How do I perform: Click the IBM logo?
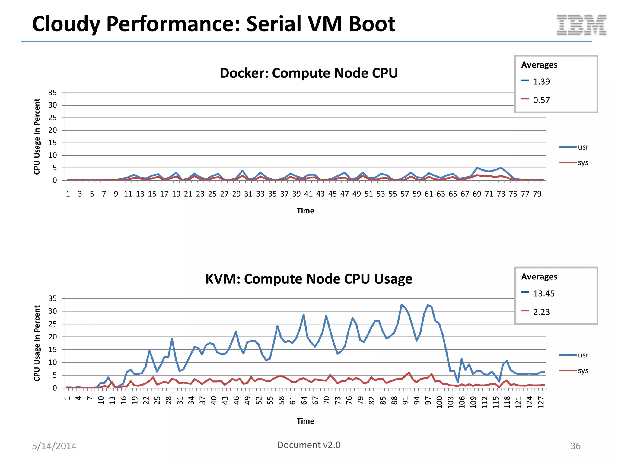581,25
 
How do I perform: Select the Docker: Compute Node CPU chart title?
308,73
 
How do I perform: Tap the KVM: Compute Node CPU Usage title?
308,279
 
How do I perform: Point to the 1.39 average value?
541,82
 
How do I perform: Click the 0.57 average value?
541,100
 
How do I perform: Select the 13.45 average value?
543,294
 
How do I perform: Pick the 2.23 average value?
541,312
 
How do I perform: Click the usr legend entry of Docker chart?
583,147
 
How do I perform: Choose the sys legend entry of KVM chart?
583,371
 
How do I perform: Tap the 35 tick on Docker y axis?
53,93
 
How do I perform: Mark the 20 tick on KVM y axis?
53,337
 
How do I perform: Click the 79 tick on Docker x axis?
537,194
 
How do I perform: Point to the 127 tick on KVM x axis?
541,402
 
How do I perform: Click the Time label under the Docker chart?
305,211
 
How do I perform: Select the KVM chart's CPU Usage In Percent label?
37,343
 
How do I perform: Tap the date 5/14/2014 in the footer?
54,446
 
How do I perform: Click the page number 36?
575,446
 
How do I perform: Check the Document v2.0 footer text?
308,445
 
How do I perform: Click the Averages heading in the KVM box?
539,277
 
